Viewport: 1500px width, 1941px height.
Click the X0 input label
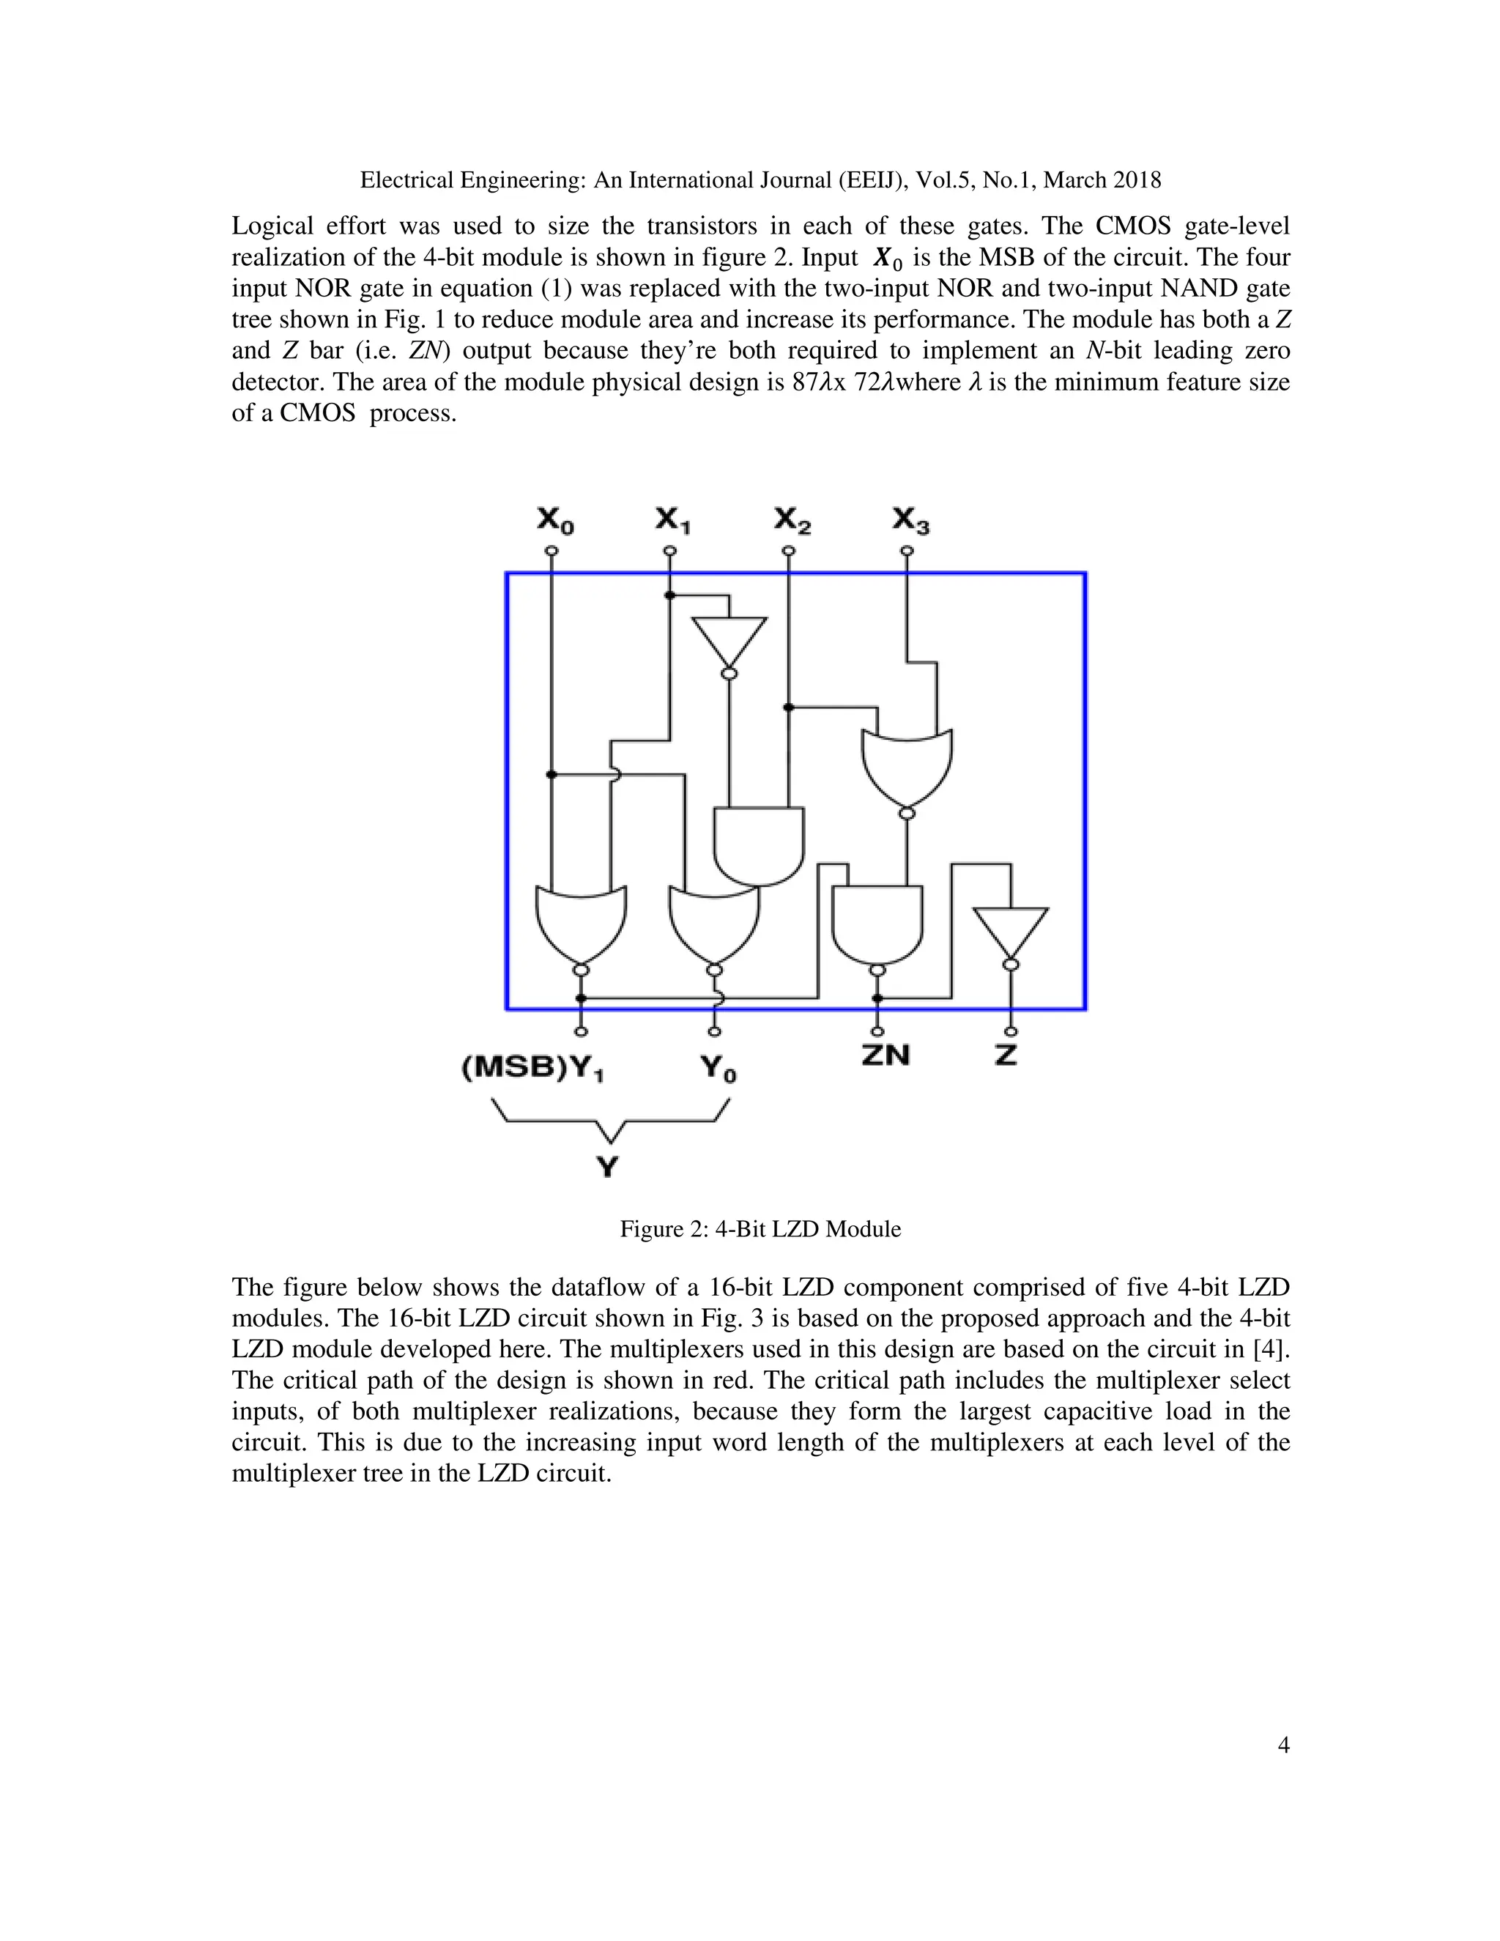555,520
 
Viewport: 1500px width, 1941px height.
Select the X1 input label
672,520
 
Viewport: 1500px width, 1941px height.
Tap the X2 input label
792,520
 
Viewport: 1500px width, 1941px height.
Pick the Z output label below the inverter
1006,1055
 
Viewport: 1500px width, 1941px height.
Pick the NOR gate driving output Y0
714,924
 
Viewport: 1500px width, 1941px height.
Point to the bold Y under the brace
608,1166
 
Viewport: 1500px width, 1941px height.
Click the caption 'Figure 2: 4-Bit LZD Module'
760,1229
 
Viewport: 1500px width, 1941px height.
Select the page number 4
1283,1770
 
